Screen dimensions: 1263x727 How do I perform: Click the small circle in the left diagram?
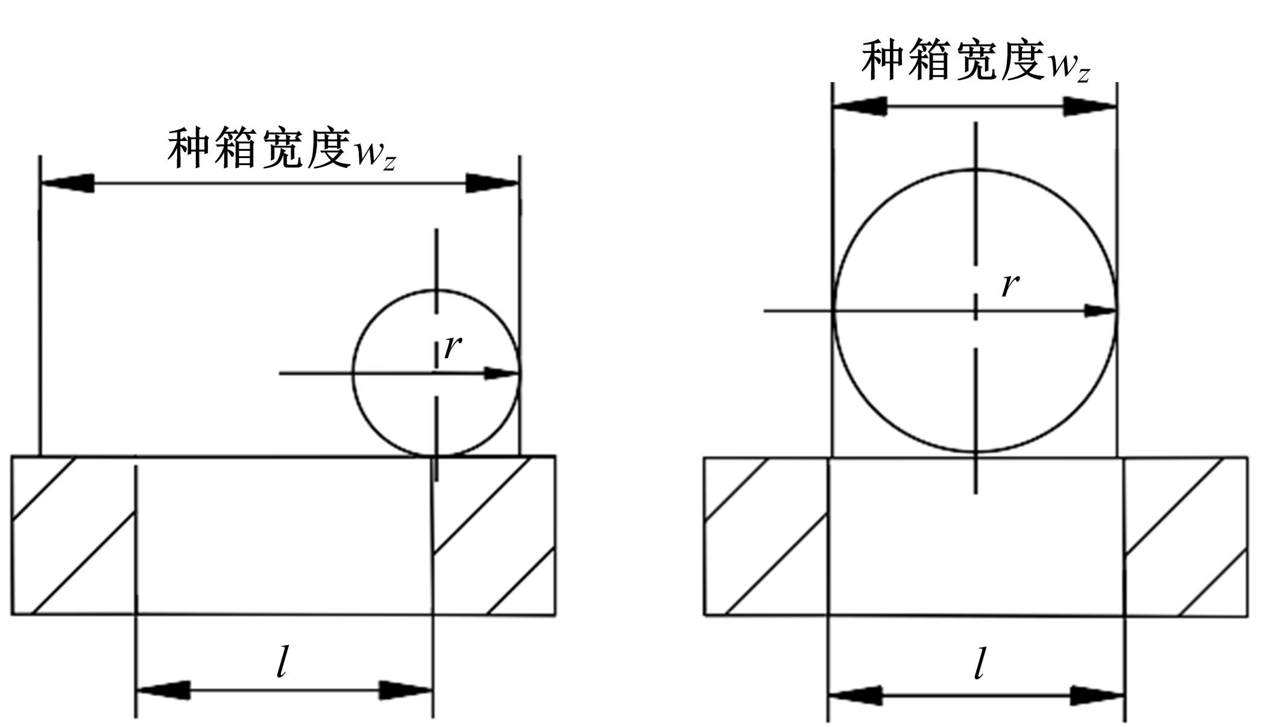tap(436, 373)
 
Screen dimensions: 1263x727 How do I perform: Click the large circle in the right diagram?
tap(975, 310)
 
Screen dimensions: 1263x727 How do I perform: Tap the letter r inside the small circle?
tap(453, 347)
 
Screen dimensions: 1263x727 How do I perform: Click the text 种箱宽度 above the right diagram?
tap(954, 61)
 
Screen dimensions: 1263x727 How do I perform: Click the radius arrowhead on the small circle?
tap(502, 374)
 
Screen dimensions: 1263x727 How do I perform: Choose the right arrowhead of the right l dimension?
tap(1098, 696)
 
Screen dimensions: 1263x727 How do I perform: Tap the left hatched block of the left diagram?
tap(73, 536)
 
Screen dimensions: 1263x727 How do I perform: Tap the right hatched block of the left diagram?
tap(494, 536)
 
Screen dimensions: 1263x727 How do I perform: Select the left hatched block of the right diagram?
tap(766, 537)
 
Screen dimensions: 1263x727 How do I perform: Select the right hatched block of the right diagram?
tap(1186, 537)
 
